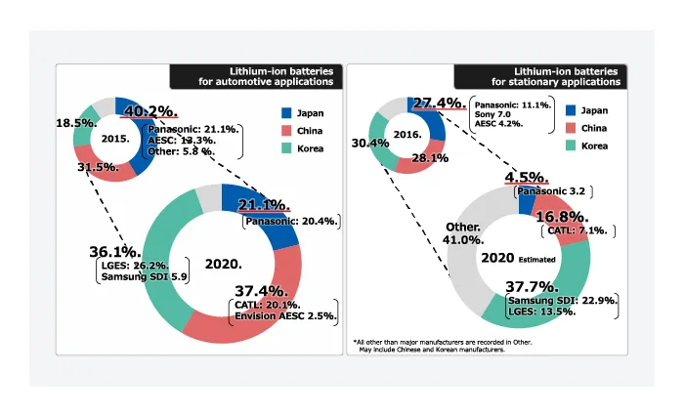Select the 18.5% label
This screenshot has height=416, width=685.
pos(75,124)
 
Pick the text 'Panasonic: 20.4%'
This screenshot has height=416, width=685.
pos(292,221)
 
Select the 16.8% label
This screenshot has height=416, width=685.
pos(560,216)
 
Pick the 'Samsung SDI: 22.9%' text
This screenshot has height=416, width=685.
pos(562,300)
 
